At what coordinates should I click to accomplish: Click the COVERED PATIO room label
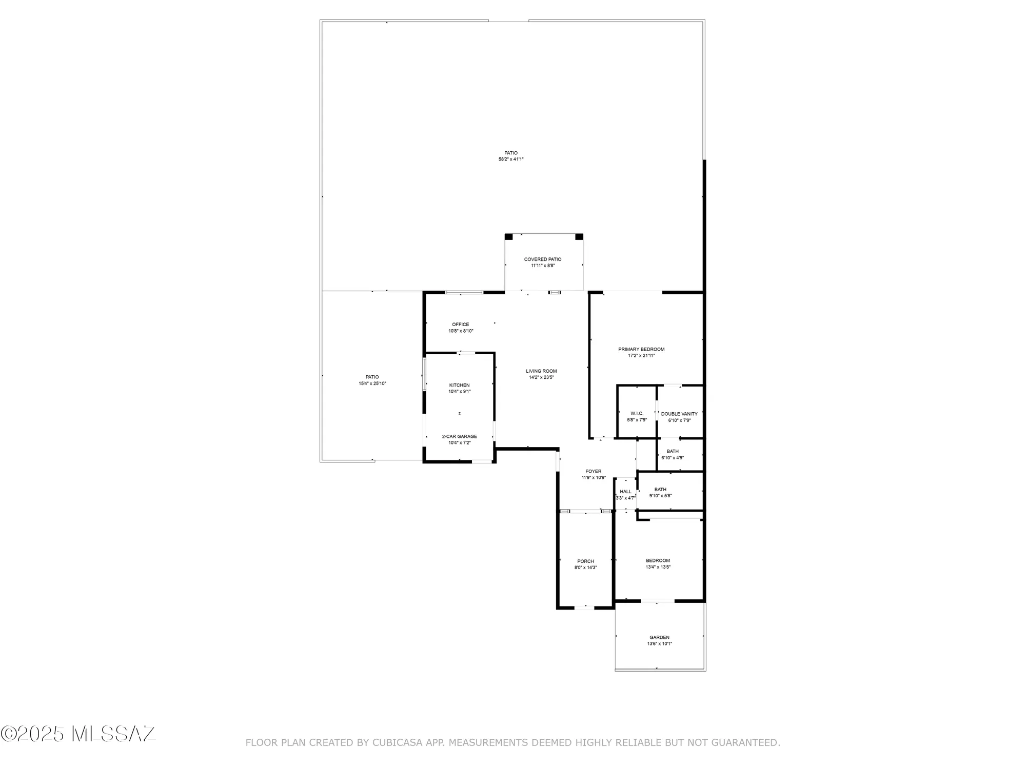542,259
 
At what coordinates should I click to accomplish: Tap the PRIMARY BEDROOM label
641,350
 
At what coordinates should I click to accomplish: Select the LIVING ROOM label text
541,371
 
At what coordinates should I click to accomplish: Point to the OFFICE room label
460,325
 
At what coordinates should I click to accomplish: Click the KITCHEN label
459,386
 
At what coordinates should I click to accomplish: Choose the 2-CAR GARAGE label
459,437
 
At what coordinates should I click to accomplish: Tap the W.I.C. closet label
637,414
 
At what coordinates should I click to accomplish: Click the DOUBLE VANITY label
679,414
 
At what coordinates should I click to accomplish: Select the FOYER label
593,472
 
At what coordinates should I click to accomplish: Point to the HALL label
625,492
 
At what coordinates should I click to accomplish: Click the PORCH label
585,561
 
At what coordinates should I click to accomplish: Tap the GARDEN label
659,638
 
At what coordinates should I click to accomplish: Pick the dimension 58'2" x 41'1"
511,159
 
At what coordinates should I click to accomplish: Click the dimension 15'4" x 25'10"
372,383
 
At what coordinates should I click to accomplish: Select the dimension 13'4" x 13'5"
658,567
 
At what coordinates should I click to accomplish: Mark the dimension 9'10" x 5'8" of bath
660,496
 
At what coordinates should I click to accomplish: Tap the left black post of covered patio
508,237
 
